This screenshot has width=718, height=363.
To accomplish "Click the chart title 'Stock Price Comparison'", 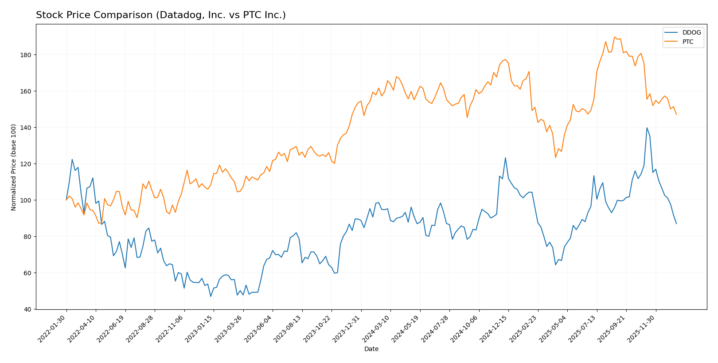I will click(x=160, y=16).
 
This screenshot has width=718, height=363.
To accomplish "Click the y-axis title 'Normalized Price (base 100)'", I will click(x=14, y=167).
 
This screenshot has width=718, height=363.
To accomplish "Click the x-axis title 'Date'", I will click(x=371, y=349).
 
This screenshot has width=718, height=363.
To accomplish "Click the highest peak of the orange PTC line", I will click(x=614, y=37).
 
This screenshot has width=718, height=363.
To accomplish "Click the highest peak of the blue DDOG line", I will click(x=647, y=128).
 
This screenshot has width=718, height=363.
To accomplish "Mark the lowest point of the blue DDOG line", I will click(x=211, y=297).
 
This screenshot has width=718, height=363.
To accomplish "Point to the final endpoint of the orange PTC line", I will click(x=676, y=114).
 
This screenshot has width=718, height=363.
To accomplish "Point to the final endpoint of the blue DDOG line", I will click(x=676, y=224).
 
